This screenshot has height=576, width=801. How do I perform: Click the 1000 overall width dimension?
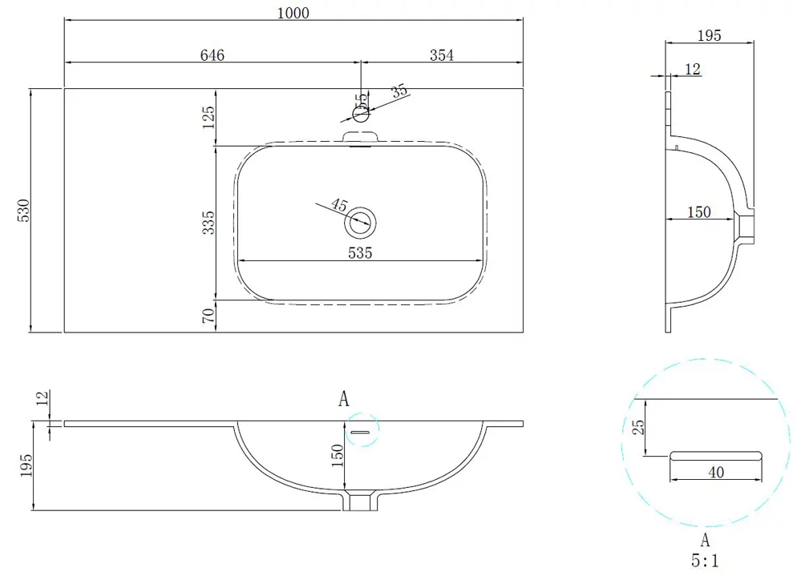point(293,13)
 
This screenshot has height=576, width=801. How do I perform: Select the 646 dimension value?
point(212,55)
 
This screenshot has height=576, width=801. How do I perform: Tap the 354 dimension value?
point(441,55)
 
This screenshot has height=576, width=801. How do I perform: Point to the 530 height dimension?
point(24,210)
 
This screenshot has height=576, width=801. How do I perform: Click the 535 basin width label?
point(360,252)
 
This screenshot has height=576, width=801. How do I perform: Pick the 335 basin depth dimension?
point(208,223)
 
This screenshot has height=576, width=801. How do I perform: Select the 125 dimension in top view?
point(208,117)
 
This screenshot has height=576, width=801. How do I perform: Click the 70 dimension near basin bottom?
point(208,316)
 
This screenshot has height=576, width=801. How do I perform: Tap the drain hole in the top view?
point(360,223)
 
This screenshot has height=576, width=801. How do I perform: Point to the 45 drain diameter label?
point(339,205)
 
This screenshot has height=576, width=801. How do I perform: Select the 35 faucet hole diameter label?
point(399,91)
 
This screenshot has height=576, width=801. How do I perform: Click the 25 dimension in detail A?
point(638,427)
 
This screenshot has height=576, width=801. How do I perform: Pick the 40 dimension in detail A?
point(716,472)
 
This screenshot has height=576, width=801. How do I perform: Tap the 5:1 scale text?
point(705,561)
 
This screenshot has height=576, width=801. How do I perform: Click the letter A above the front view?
point(344,398)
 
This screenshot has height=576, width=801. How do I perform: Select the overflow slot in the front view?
point(360,432)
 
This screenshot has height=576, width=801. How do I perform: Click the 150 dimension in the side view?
point(699,211)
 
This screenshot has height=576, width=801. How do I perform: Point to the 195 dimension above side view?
point(709,35)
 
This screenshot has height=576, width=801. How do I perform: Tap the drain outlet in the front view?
point(360,500)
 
